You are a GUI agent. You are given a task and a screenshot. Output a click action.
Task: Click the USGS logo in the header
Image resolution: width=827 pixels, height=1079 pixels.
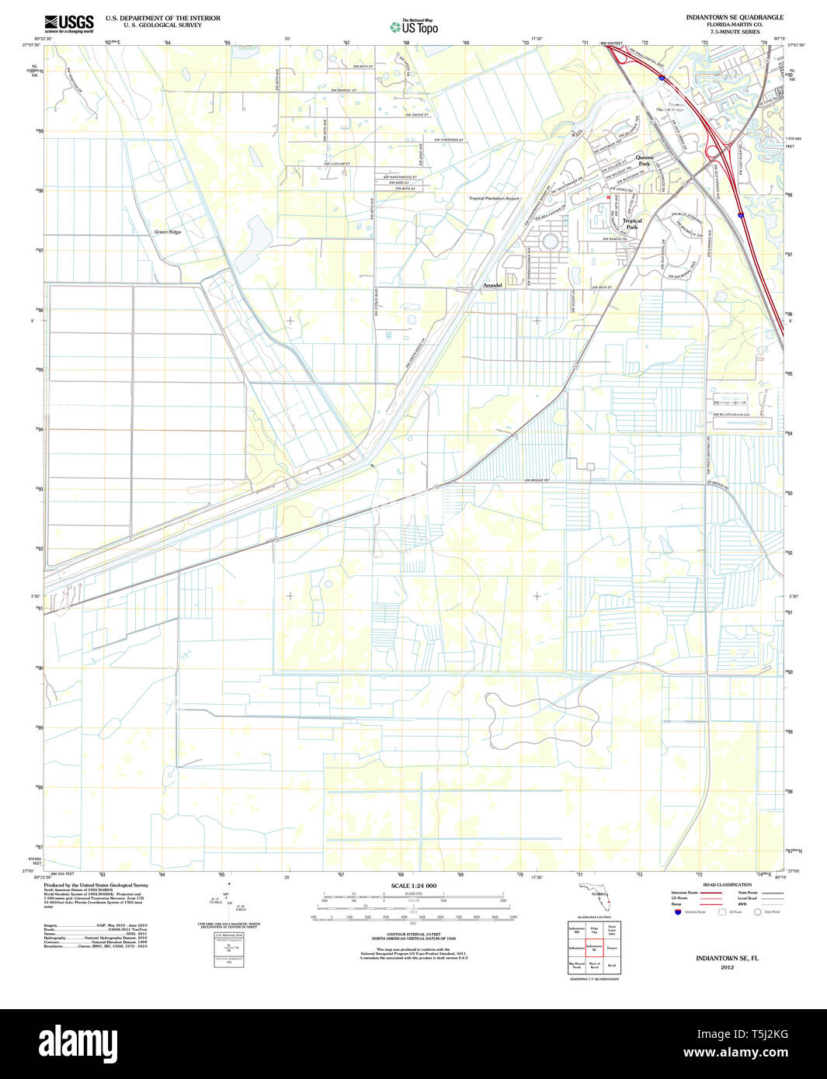coord(69,23)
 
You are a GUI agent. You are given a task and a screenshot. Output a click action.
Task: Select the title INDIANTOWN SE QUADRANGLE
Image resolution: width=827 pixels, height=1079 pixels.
coord(734,17)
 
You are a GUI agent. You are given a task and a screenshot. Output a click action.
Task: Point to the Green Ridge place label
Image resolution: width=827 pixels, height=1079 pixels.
coord(168,232)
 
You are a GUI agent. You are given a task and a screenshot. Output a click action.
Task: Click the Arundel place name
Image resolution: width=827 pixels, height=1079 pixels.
coord(492,286)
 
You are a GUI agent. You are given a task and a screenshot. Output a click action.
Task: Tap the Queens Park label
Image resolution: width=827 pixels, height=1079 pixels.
coord(644,161)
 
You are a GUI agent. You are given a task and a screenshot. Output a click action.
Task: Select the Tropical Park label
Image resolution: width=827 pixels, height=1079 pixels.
coord(632,224)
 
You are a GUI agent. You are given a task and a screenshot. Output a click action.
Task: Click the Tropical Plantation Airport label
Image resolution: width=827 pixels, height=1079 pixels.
coord(494,198)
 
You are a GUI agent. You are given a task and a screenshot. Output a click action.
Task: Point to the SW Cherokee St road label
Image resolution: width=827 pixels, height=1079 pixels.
coord(448,140)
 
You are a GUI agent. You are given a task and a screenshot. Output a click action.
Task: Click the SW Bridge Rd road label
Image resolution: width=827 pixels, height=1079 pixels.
coord(536,481)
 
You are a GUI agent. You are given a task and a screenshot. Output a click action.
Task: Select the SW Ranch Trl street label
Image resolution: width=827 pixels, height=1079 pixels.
coord(615,239)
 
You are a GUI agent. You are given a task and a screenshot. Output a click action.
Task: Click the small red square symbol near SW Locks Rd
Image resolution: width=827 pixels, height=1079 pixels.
coord(608,197)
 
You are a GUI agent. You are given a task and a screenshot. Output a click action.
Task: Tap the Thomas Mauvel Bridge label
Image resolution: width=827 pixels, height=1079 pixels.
coord(671,106)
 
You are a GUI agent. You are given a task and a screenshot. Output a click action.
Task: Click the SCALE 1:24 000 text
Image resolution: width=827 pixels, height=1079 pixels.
coord(413,886)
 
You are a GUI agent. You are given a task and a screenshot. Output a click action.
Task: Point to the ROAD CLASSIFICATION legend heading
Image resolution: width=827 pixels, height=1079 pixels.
coord(727,885)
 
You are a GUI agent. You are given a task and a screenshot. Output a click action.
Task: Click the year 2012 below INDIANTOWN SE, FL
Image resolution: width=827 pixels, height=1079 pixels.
coord(727,967)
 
